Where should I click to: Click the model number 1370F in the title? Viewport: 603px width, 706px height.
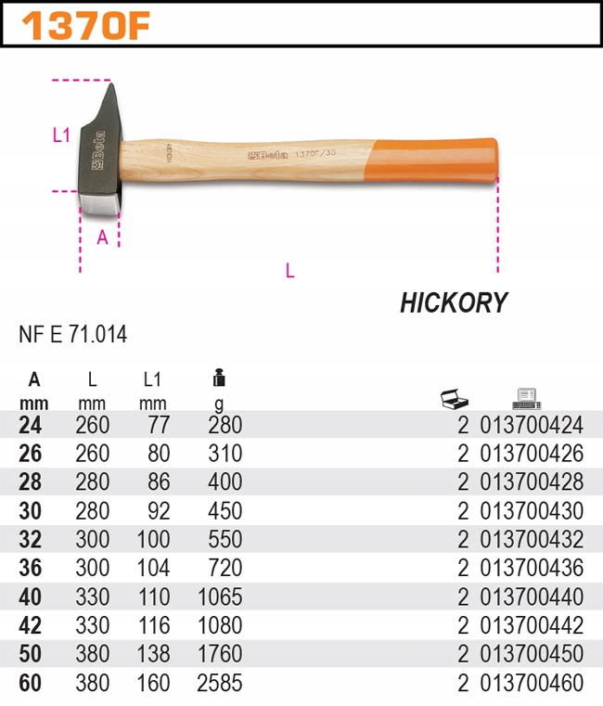[85, 26]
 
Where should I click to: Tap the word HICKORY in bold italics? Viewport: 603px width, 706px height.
[454, 303]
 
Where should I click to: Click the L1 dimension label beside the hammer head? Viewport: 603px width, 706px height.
[61, 135]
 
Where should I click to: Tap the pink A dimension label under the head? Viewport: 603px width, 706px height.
[103, 237]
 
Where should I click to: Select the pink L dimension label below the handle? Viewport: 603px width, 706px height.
[289, 271]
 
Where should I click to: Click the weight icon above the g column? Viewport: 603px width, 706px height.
[219, 379]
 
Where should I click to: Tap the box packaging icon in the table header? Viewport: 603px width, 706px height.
[454, 400]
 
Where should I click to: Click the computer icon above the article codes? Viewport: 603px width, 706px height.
[526, 399]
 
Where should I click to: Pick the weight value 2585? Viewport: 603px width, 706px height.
[220, 684]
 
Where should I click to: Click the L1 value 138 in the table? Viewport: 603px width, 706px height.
[153, 655]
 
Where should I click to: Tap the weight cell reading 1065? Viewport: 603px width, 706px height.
[220, 597]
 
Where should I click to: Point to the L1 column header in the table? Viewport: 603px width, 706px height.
[153, 379]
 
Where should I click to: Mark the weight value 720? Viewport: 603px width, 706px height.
[225, 569]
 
